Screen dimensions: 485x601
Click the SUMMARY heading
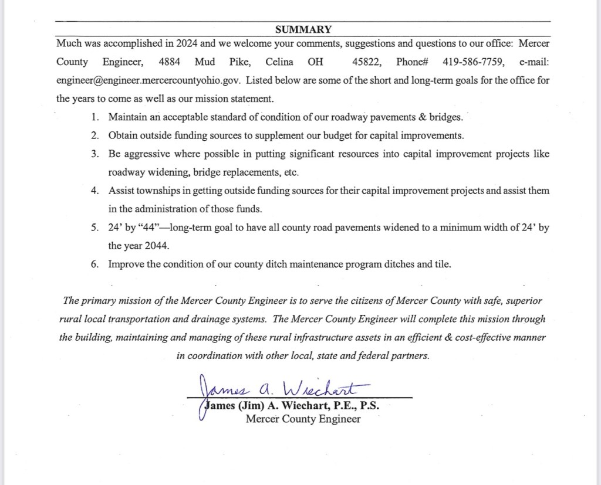[x=303, y=29]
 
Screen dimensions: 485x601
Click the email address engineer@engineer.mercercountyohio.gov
[x=146, y=80]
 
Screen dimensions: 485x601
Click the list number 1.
[x=94, y=117]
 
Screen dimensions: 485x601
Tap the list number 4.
[x=94, y=191]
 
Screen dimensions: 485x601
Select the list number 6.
[x=94, y=264]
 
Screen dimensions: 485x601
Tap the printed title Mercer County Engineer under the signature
[x=303, y=419]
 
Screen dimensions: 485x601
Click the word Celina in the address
[x=279, y=62]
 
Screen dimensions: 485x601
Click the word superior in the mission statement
[x=525, y=301]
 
